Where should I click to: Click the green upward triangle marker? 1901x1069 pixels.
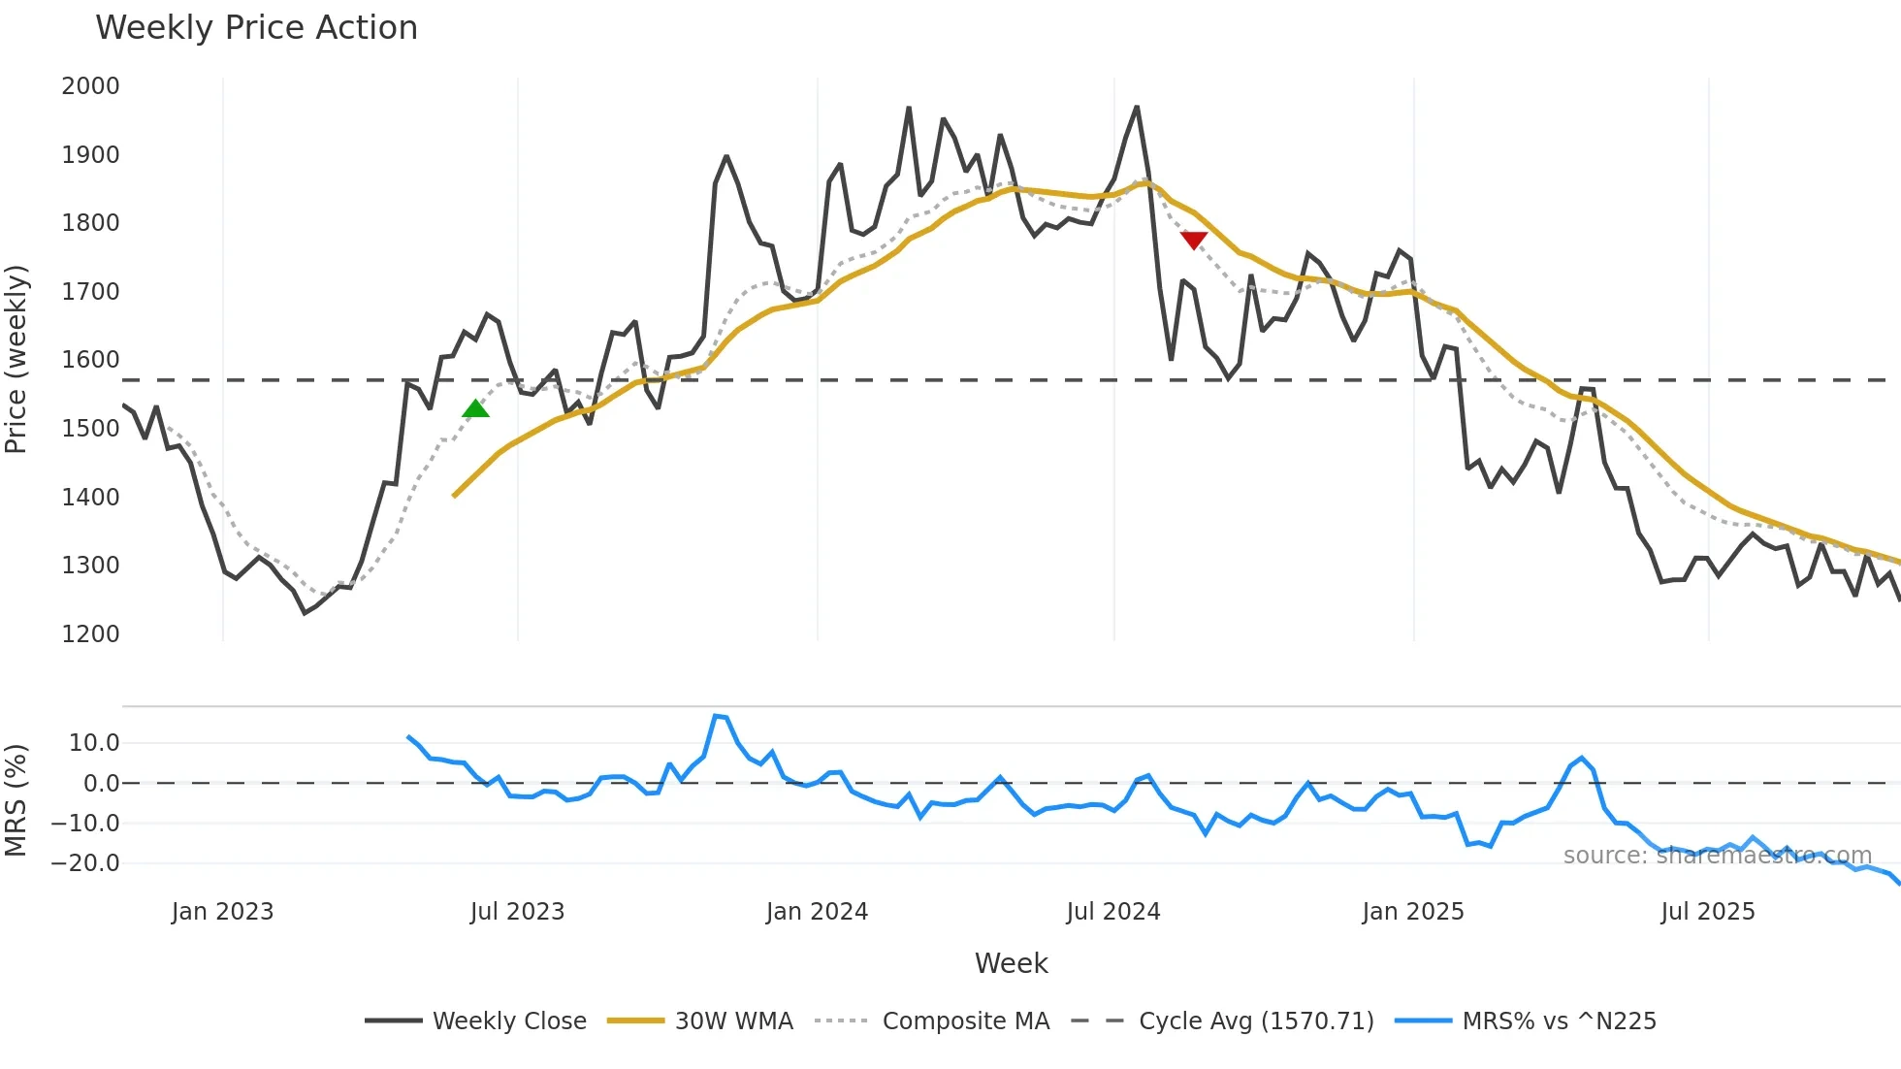point(475,409)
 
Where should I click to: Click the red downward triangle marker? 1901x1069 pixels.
point(1194,240)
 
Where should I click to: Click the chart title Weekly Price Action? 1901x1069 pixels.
point(256,28)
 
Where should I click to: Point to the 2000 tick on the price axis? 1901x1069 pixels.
point(90,86)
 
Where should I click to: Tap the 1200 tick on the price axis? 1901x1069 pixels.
point(90,634)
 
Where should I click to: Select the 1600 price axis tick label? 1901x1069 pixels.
point(90,360)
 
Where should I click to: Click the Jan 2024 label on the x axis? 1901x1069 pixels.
point(817,912)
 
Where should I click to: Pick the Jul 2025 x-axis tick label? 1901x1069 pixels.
point(1707,912)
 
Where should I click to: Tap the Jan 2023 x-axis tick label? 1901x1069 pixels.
point(222,912)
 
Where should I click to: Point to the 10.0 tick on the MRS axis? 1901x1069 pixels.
point(94,743)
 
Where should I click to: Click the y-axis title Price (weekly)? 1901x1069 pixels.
point(16,359)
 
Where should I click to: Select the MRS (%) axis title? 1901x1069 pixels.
point(16,800)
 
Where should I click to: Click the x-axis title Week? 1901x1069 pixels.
point(1011,963)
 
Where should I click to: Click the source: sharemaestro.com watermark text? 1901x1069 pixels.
point(1717,856)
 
